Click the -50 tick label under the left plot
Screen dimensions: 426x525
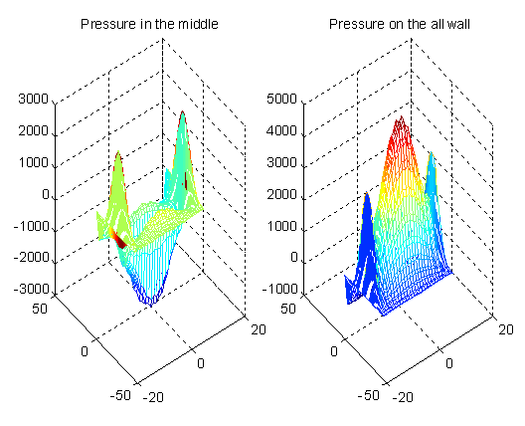point(120,395)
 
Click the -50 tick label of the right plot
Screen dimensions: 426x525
point(369,395)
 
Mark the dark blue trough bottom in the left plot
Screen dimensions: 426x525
point(150,300)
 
